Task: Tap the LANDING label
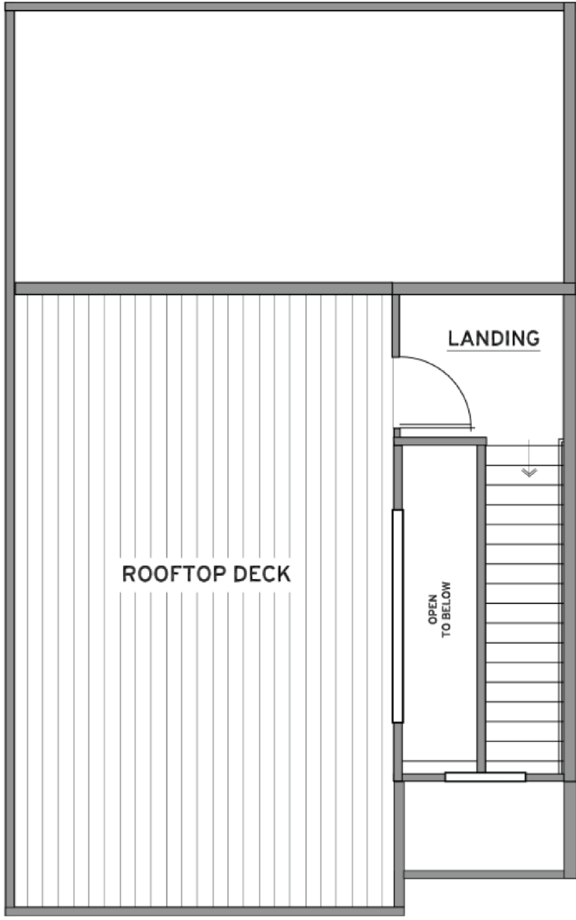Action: click(494, 338)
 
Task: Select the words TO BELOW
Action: click(447, 609)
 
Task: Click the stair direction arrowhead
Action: click(529, 473)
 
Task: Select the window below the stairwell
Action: click(485, 776)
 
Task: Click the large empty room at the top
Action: click(289, 146)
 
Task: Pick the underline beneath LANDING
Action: click(494, 350)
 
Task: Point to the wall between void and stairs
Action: click(481, 607)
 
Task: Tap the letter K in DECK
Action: click(284, 574)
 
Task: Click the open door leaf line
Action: click(436, 427)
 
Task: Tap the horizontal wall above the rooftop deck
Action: click(203, 288)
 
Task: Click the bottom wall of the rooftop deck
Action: click(205, 911)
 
